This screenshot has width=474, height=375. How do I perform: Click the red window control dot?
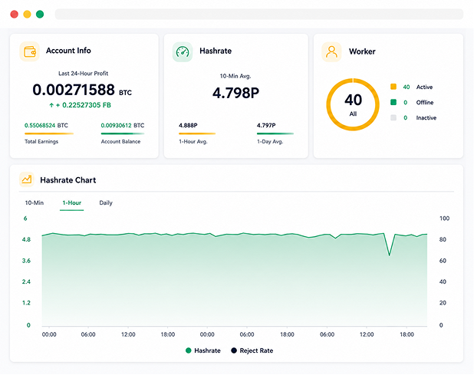coord(15,15)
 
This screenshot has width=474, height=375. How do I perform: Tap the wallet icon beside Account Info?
coord(30,51)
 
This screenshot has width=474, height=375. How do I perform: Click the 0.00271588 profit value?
coord(74,90)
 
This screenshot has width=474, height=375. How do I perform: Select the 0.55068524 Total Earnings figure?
coord(40,126)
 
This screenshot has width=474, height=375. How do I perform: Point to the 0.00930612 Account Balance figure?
coord(117,126)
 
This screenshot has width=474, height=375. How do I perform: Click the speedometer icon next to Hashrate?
coord(183,52)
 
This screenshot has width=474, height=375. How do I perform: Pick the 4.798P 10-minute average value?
coord(235,93)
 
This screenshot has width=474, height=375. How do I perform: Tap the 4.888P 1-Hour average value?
coord(188,126)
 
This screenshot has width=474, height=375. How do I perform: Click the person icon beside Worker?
coord(331,52)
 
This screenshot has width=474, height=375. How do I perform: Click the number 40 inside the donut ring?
coord(353,100)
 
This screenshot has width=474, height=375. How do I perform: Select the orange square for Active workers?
coord(393,87)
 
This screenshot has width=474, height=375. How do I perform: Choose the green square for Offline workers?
coord(393,102)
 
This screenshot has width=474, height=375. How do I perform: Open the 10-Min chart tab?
coord(35,202)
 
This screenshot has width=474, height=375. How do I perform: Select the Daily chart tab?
coord(106,202)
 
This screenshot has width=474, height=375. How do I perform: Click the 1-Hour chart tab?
coord(71,202)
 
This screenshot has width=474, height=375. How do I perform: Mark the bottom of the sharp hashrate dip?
coord(390,255)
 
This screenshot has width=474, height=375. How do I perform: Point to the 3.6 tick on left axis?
coord(26,261)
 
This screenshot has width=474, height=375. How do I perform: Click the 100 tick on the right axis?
coord(444,218)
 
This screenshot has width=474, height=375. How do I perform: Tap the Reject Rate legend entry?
coord(252,350)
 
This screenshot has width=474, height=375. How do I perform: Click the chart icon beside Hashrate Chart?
coord(27,179)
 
